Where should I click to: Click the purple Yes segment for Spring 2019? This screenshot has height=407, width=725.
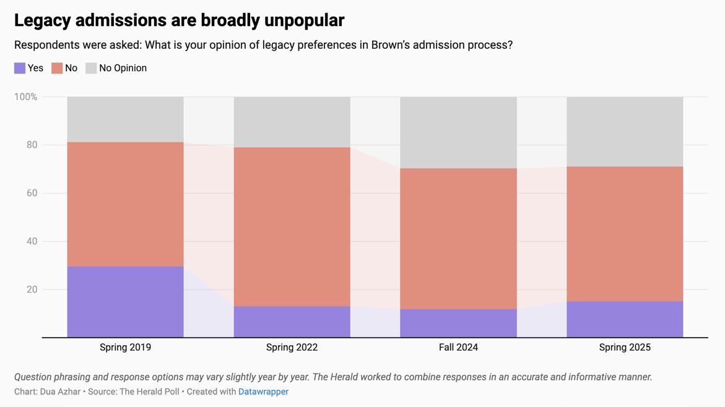pyautogui.click(x=125, y=302)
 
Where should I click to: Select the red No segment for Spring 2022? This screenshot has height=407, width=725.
pyautogui.click(x=292, y=226)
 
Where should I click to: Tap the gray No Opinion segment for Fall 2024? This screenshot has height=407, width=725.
pyautogui.click(x=458, y=132)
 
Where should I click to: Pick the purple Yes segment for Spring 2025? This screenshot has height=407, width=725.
pyautogui.click(x=625, y=319)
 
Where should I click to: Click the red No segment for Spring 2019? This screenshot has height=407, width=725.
pyautogui.click(x=125, y=204)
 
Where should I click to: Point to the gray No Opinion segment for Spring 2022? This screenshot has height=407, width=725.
pyautogui.click(x=292, y=122)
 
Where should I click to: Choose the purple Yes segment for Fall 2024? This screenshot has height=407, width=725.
pyautogui.click(x=458, y=323)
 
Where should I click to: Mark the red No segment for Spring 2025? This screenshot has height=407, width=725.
pyautogui.click(x=625, y=234)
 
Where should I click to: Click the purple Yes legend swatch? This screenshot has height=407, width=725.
pyautogui.click(x=20, y=68)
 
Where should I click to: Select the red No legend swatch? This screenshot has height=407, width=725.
pyautogui.click(x=57, y=68)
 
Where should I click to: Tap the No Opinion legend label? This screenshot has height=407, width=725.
pyautogui.click(x=123, y=68)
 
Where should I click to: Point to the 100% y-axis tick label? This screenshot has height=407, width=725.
pyautogui.click(x=25, y=97)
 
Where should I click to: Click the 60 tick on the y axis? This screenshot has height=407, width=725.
pyautogui.click(x=31, y=193)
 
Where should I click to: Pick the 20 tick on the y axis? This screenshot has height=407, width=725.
pyautogui.click(x=31, y=289)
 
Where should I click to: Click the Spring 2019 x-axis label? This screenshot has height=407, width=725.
pyautogui.click(x=125, y=348)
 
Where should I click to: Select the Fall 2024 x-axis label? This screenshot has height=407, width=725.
pyautogui.click(x=458, y=348)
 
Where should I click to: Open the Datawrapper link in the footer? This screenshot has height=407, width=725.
pyautogui.click(x=263, y=392)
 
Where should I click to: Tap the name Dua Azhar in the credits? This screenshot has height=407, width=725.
pyautogui.click(x=60, y=392)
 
